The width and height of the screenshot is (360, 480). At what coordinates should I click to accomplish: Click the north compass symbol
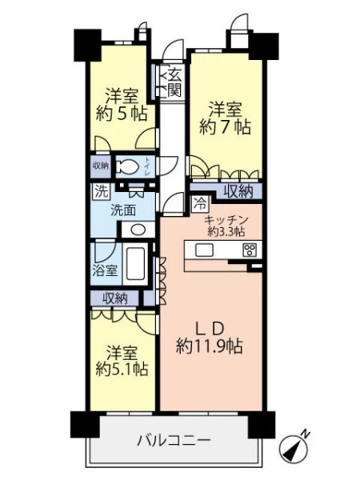click(x=294, y=448)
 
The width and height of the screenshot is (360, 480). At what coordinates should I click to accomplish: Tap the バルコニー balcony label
click(x=174, y=441)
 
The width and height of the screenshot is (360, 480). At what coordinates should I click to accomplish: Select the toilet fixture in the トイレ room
click(x=129, y=167)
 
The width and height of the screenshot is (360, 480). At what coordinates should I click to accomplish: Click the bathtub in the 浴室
click(x=135, y=264)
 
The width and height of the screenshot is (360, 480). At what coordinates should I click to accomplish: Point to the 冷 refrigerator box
click(x=200, y=203)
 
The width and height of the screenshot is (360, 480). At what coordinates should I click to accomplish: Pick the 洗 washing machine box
click(x=101, y=191)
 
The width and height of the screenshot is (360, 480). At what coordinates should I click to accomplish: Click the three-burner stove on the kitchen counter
click(x=250, y=250)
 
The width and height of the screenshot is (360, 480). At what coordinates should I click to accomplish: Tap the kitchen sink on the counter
click(x=204, y=250)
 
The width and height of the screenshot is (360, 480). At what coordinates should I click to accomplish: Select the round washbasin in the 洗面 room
click(x=138, y=230)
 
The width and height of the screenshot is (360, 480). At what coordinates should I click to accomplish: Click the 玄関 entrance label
click(x=174, y=82)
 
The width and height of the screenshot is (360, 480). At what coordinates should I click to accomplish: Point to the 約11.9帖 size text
click(x=210, y=347)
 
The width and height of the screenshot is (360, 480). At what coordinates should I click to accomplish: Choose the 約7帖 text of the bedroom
click(x=225, y=127)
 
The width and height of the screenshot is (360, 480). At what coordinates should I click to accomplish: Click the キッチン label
click(x=226, y=220)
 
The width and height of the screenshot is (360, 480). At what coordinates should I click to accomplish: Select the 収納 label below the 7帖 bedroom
click(x=238, y=192)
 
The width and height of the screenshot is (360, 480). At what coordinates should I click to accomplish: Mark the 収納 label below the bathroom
click(x=114, y=298)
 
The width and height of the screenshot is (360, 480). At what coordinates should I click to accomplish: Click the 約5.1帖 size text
click(x=122, y=369)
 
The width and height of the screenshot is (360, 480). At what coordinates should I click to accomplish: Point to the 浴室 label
click(x=105, y=270)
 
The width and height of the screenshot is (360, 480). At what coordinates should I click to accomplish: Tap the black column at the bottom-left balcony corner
click(x=86, y=424)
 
